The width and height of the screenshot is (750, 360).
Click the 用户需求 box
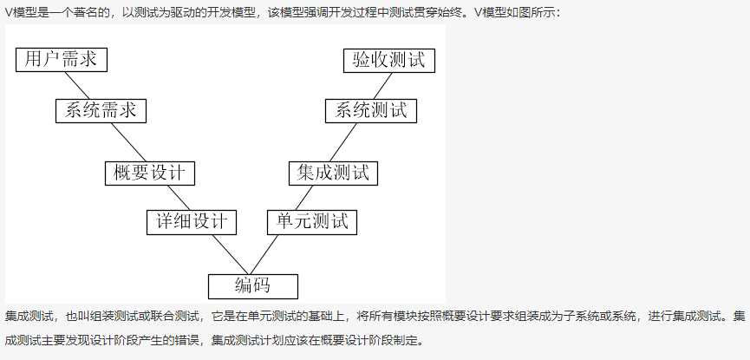coord(61,59)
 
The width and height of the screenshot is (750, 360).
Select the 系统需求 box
coord(101,110)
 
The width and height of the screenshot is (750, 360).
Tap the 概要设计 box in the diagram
coord(149,173)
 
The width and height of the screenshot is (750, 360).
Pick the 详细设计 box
coord(192,221)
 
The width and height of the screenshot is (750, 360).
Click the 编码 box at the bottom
coord(252,285)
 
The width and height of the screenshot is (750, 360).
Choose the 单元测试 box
coord(312,221)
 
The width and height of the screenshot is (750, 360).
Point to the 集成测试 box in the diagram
coord(334,173)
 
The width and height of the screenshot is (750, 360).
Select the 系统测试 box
coord(371,110)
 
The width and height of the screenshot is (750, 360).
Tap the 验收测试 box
coord(388,60)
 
